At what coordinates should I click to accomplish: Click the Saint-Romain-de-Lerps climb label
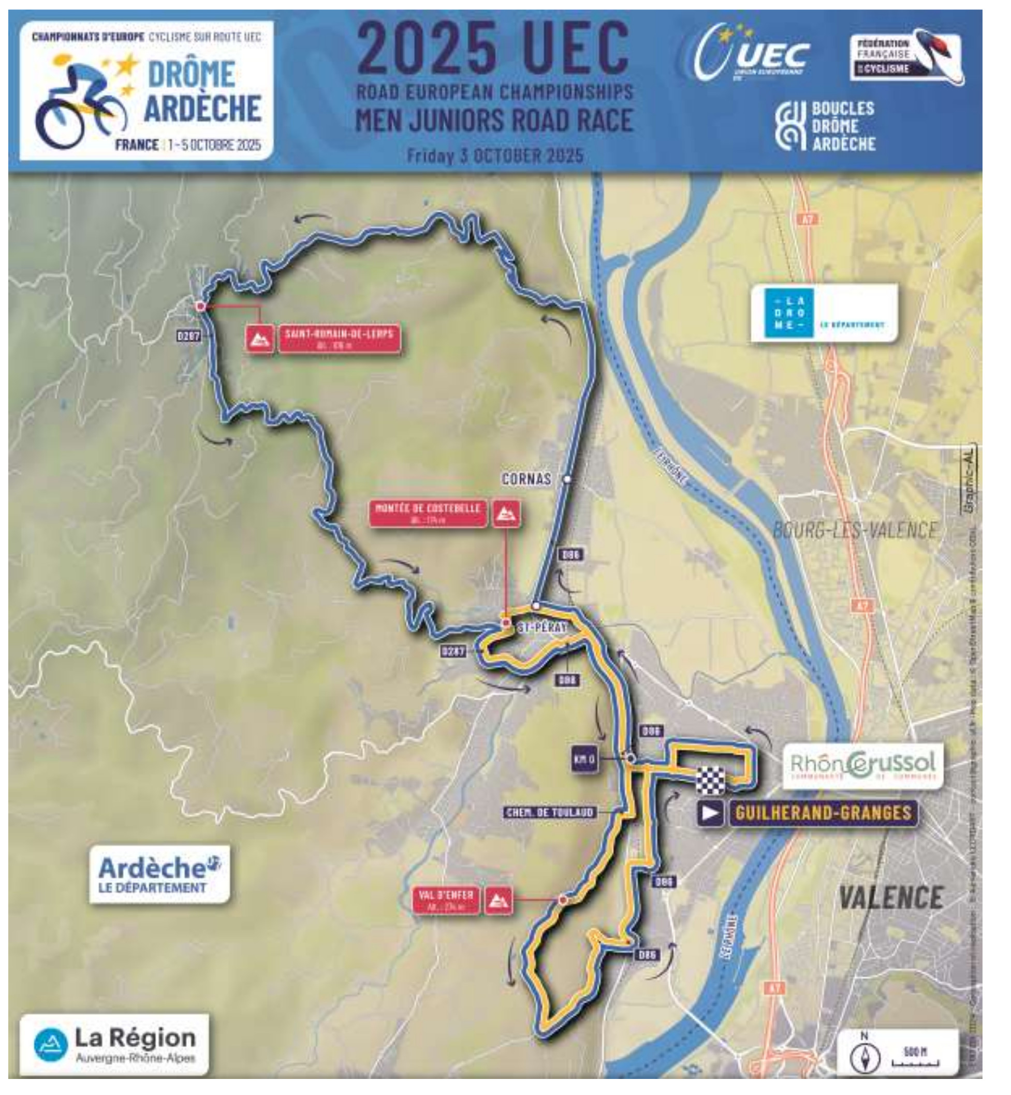click(339, 339)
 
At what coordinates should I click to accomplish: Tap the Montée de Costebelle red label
click(428, 513)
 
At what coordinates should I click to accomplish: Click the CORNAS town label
click(526, 479)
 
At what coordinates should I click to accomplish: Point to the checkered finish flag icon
click(710, 780)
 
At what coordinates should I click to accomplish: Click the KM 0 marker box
click(584, 760)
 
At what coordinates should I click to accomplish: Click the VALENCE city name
click(890, 897)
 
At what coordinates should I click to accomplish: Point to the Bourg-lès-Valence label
click(854, 530)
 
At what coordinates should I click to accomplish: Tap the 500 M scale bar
click(915, 1059)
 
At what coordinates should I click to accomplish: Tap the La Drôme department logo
click(824, 313)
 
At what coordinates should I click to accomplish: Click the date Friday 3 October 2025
click(494, 155)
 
